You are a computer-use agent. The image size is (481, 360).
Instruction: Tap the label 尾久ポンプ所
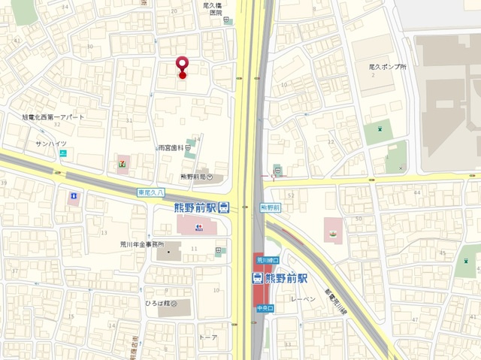pyautogui.click(x=388, y=67)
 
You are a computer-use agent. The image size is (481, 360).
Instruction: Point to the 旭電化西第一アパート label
pyautogui.click(x=53, y=117)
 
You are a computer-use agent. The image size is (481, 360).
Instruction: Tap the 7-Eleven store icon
pyautogui.click(x=122, y=161)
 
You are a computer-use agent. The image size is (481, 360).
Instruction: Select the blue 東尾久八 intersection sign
pyautogui.click(x=150, y=192)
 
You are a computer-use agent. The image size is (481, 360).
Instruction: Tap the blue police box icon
pyautogui.click(x=74, y=197)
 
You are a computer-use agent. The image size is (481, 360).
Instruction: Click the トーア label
pyautogui.click(x=208, y=337)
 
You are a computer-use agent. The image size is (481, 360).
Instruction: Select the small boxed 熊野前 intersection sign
pyautogui.click(x=271, y=207)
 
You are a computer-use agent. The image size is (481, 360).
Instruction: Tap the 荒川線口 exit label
pyautogui.click(x=267, y=260)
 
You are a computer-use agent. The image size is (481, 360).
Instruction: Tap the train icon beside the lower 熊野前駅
pyautogui.click(x=257, y=278)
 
